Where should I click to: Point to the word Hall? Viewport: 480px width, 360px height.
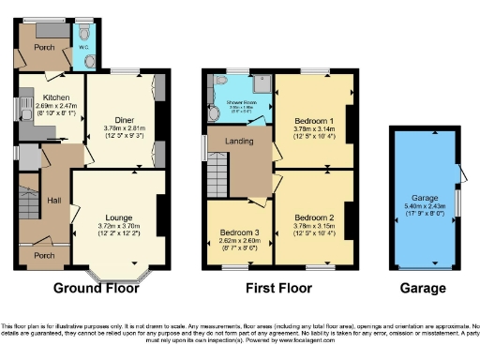click(54, 200)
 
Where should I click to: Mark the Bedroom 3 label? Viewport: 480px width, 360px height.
click(240, 232)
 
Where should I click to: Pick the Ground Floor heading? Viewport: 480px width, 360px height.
click(91, 287)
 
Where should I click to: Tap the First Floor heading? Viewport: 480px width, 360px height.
click(279, 287)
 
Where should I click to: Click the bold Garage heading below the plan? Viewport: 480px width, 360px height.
click(422, 287)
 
